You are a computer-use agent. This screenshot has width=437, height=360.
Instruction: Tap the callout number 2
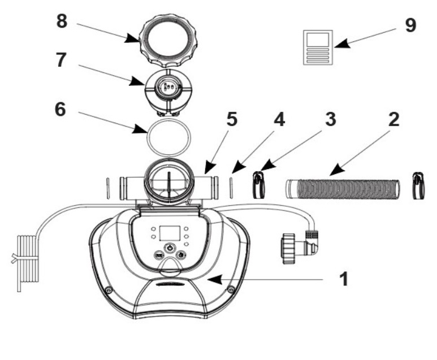tap(393, 121)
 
